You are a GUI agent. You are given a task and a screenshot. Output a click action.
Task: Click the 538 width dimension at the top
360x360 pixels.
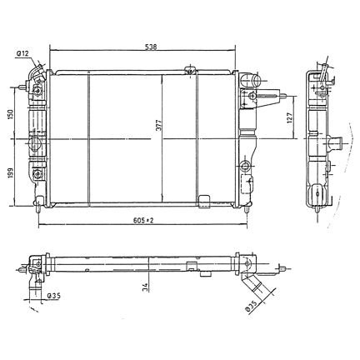click(x=151, y=47)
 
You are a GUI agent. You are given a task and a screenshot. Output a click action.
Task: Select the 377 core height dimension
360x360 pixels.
click(x=158, y=126)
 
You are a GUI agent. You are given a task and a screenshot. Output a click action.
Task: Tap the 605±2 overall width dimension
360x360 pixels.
click(x=143, y=220)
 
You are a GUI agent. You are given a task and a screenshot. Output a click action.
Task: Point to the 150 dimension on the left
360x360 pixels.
click(x=10, y=114)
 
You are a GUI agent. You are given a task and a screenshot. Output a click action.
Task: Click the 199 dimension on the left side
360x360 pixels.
click(x=10, y=173)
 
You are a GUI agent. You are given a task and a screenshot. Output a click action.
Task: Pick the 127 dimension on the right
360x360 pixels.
click(x=290, y=118)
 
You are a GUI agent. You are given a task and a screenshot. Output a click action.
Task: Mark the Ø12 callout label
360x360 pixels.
click(x=22, y=54)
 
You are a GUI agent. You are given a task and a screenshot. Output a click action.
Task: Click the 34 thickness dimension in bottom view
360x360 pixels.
click(x=145, y=287)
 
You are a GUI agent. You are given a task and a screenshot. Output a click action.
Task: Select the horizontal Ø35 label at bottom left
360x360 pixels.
click(x=53, y=296)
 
